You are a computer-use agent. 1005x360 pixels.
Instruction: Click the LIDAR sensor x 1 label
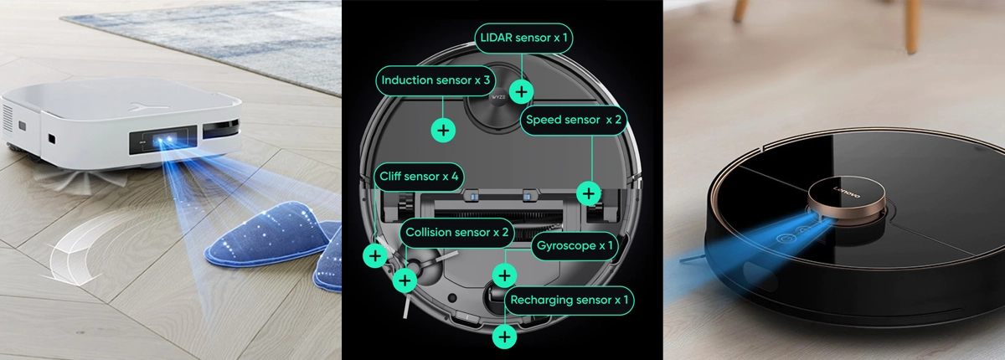coord(523,38)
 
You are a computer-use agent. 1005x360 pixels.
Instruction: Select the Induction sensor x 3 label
coord(435,80)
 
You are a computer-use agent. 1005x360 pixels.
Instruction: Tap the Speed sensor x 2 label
coord(574,121)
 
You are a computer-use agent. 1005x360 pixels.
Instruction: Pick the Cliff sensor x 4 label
coord(419,177)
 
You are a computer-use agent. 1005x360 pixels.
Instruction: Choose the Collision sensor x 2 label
coord(456,233)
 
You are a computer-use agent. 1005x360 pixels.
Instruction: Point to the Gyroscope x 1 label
coord(575,246)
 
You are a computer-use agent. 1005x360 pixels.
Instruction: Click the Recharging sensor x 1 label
coord(569,301)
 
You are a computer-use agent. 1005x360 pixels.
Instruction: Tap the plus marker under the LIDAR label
coord(521,92)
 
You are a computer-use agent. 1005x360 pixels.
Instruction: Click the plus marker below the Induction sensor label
coord(443,131)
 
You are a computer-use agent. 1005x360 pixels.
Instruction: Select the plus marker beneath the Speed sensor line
coord(589,193)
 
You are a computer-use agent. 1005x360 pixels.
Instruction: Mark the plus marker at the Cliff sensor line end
coord(374,256)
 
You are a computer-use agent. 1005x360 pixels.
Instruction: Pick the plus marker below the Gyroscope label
coord(505,275)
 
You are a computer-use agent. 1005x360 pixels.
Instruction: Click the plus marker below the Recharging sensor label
coord(505,337)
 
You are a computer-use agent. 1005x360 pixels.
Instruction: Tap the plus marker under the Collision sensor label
coord(405,280)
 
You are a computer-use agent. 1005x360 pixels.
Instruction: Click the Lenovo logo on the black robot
coord(847,192)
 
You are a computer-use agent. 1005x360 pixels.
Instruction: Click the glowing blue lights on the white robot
coord(164,141)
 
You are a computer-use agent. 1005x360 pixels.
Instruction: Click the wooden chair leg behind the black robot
coord(911,26)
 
